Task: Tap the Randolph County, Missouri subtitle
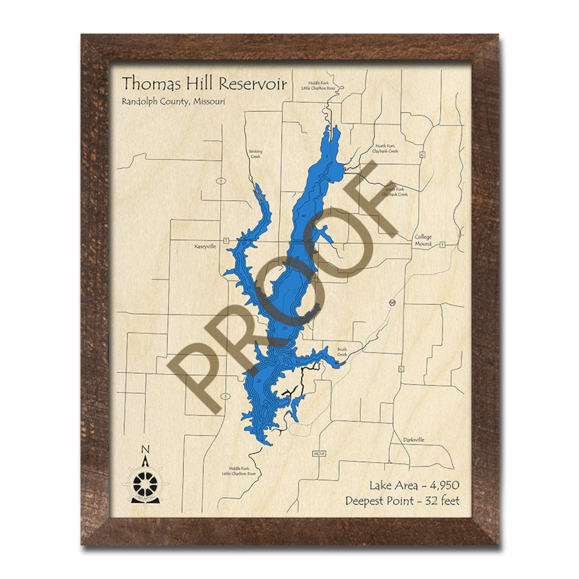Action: tap(173, 101)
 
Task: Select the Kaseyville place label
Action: tap(205, 246)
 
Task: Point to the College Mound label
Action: tap(423, 240)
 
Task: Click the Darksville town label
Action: tap(414, 440)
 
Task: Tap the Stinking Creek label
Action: tap(255, 154)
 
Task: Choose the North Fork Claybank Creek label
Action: tap(385, 148)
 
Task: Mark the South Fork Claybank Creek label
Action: tap(395, 192)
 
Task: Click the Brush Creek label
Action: tap(342, 351)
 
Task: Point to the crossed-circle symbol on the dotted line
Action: tap(393, 302)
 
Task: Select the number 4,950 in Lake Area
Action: tap(444, 485)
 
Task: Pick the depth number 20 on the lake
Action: tap(285, 328)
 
